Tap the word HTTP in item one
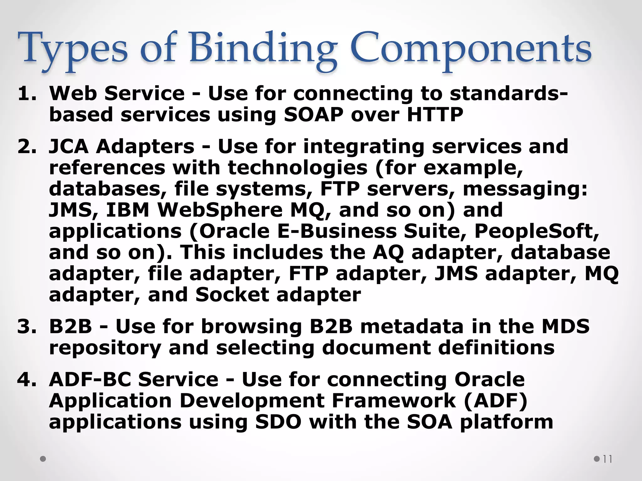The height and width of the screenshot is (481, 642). pyautogui.click(x=435, y=115)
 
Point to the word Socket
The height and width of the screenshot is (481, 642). pyautogui.click(x=232, y=295)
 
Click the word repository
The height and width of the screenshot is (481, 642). pyautogui.click(x=105, y=348)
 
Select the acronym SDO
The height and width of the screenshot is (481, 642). pyautogui.click(x=278, y=422)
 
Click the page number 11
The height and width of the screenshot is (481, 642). pyautogui.click(x=607, y=459)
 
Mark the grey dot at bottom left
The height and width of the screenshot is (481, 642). pyautogui.click(x=43, y=459)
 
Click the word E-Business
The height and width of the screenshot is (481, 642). pyautogui.click(x=337, y=231)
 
